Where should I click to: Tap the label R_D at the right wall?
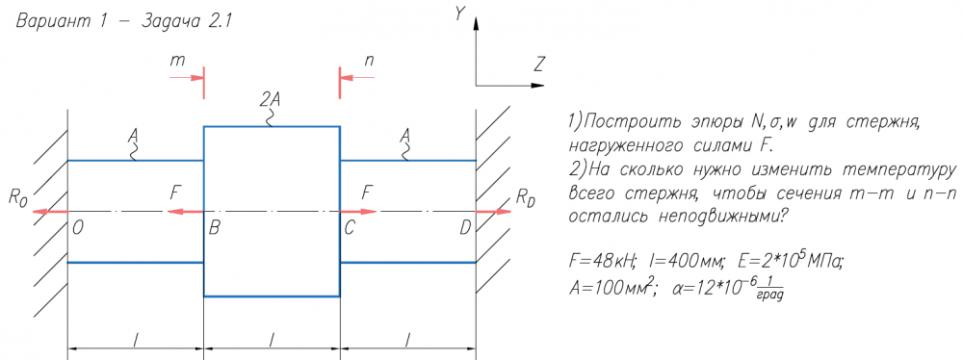tap(525, 197)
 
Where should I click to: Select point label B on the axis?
tap(215, 229)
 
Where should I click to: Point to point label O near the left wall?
tap(77, 229)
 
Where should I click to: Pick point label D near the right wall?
tap(465, 229)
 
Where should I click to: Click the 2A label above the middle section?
tap(270, 99)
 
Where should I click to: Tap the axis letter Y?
tap(458, 14)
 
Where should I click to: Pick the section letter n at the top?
tap(369, 61)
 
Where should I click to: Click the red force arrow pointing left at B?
tap(185, 212)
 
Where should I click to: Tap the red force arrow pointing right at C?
tap(357, 212)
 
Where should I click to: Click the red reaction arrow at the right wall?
tap(494, 212)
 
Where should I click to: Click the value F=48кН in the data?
tap(605, 262)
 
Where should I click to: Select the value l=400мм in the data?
tap(684, 262)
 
